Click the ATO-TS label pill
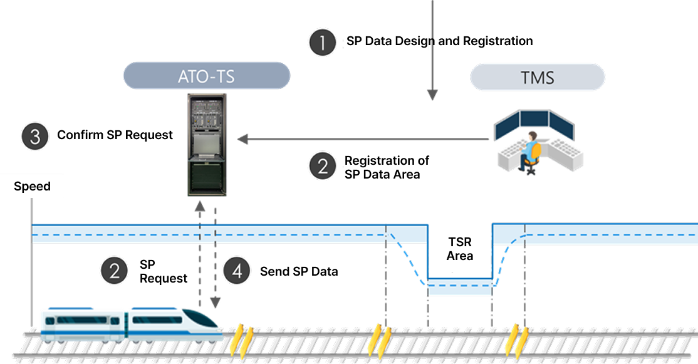tap(207, 76)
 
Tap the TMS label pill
tap(537, 77)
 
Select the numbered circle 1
tap(323, 42)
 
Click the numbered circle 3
tap(35, 136)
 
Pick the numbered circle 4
tap(237, 271)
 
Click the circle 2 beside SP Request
tap(115, 271)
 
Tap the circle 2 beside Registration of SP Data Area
tap(323, 166)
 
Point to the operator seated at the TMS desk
tap(530, 150)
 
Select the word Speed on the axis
tap(32, 186)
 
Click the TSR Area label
tap(460, 249)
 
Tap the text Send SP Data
tap(299, 271)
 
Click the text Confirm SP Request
tap(115, 135)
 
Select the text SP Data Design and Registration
tap(439, 41)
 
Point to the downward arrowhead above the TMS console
tap(432, 95)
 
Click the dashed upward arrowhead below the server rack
tap(200, 205)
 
